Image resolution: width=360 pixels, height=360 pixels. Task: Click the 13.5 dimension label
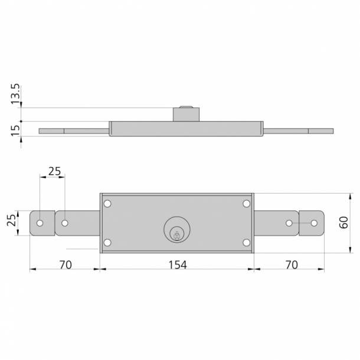(16, 94)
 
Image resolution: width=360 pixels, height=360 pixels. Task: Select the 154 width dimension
(176, 264)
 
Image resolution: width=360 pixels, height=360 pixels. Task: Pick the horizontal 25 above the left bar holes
(54, 171)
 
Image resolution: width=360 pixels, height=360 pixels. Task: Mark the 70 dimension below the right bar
(291, 264)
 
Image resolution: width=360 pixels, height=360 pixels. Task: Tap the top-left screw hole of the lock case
(107, 204)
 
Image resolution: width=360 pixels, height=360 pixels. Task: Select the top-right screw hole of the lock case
(246, 204)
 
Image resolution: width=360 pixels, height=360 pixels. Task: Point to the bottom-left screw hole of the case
(107, 243)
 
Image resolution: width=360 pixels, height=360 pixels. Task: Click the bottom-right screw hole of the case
(246, 243)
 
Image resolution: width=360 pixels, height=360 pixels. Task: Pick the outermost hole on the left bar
(40, 224)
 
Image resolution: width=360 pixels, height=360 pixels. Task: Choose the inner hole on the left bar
(65, 224)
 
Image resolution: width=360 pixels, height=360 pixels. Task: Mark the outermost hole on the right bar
(314, 223)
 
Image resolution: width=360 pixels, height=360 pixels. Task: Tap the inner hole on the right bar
(289, 223)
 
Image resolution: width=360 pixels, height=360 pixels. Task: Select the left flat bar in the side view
(74, 130)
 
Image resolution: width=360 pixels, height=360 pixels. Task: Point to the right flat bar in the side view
(298, 130)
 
